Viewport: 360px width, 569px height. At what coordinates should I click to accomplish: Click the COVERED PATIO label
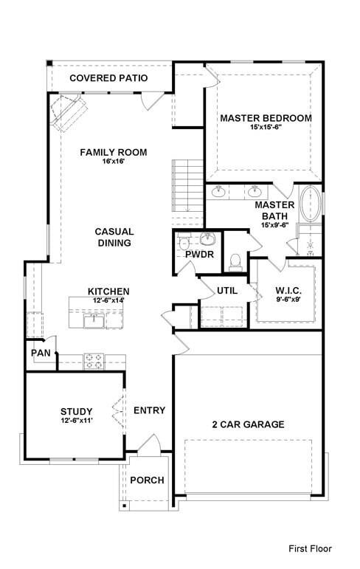click(x=108, y=77)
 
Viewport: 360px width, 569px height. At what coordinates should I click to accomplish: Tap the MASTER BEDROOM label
click(x=266, y=118)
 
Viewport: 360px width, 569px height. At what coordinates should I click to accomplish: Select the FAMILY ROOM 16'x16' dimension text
click(x=114, y=162)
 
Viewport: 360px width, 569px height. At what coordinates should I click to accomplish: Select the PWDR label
click(x=199, y=255)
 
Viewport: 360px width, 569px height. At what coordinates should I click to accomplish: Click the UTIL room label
click(x=226, y=290)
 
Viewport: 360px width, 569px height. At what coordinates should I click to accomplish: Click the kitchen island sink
click(x=94, y=320)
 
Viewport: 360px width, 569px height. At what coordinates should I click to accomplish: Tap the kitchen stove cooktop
click(x=94, y=361)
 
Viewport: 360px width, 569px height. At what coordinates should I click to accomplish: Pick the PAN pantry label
click(x=40, y=353)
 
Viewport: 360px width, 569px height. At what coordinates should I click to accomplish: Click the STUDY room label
click(x=76, y=411)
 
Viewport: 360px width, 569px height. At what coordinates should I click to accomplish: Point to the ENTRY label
click(x=149, y=410)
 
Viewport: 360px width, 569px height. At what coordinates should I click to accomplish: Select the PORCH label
click(x=147, y=480)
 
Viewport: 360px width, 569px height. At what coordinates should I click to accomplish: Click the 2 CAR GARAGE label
click(x=248, y=424)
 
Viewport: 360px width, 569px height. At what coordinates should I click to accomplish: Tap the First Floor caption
click(x=310, y=548)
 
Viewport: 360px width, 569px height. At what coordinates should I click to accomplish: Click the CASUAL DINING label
click(x=114, y=237)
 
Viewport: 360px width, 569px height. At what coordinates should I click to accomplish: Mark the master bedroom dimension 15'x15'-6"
click(x=266, y=127)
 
